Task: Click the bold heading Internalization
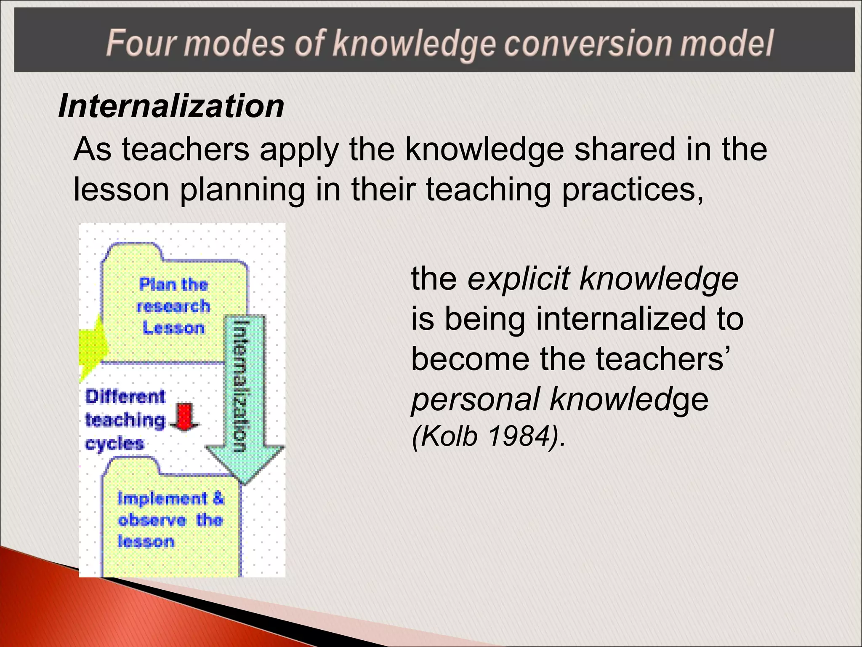pyautogui.click(x=171, y=106)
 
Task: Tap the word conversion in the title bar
pyautogui.click(x=588, y=43)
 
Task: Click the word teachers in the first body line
pyautogui.click(x=186, y=150)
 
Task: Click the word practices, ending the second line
pyautogui.click(x=633, y=190)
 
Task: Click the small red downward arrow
pyautogui.click(x=184, y=417)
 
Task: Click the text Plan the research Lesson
pyautogui.click(x=173, y=306)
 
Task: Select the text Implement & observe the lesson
pyautogui.click(x=170, y=520)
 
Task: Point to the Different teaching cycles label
pyautogui.click(x=125, y=420)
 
